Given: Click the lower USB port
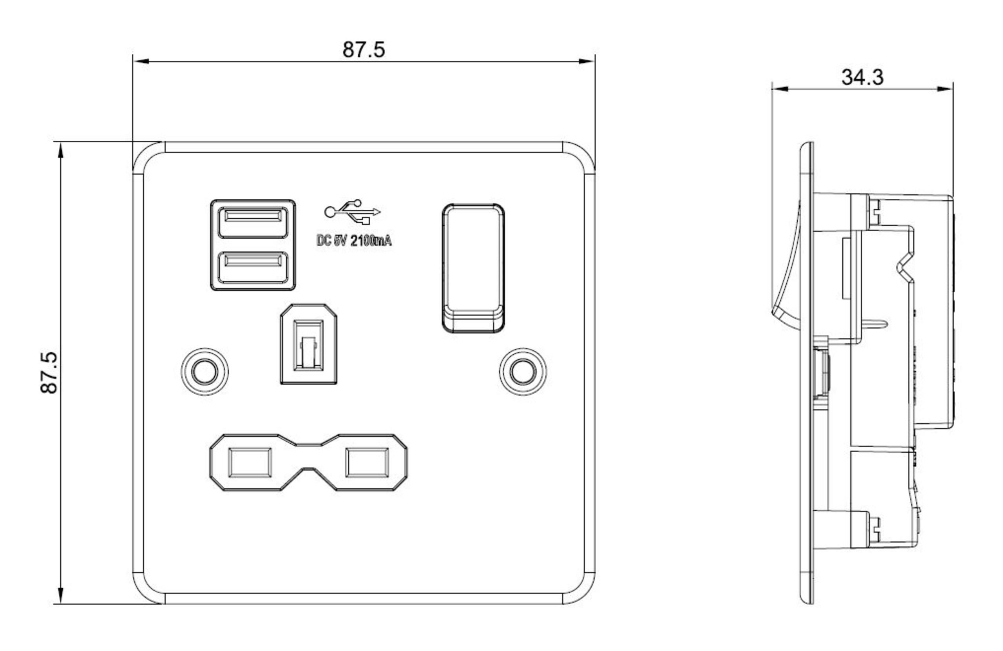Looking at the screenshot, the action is (x=253, y=267).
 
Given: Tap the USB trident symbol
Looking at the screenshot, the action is (x=352, y=212).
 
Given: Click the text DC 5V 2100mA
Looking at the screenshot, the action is (x=354, y=241).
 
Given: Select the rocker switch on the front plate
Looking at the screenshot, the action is (x=473, y=268).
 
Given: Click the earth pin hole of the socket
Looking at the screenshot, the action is (x=308, y=344).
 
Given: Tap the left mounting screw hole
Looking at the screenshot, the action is (x=205, y=372).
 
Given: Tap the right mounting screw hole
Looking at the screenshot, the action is (x=523, y=372).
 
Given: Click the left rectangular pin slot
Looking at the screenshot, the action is (x=250, y=462).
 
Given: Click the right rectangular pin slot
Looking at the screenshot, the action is (x=367, y=462).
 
